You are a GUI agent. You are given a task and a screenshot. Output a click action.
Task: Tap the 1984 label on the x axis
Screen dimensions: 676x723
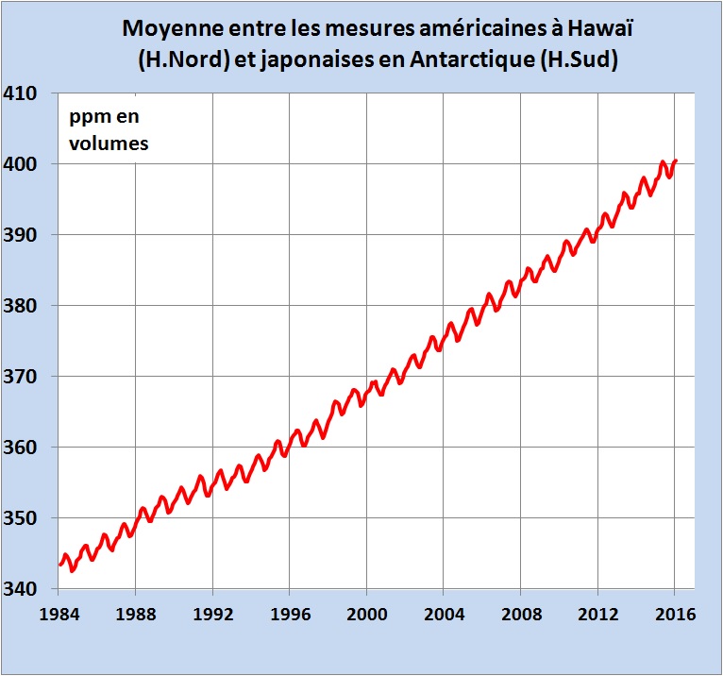58,613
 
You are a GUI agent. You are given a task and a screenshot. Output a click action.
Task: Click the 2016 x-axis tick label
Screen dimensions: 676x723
676,613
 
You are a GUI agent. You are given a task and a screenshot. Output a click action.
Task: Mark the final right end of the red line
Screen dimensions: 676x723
676,161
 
